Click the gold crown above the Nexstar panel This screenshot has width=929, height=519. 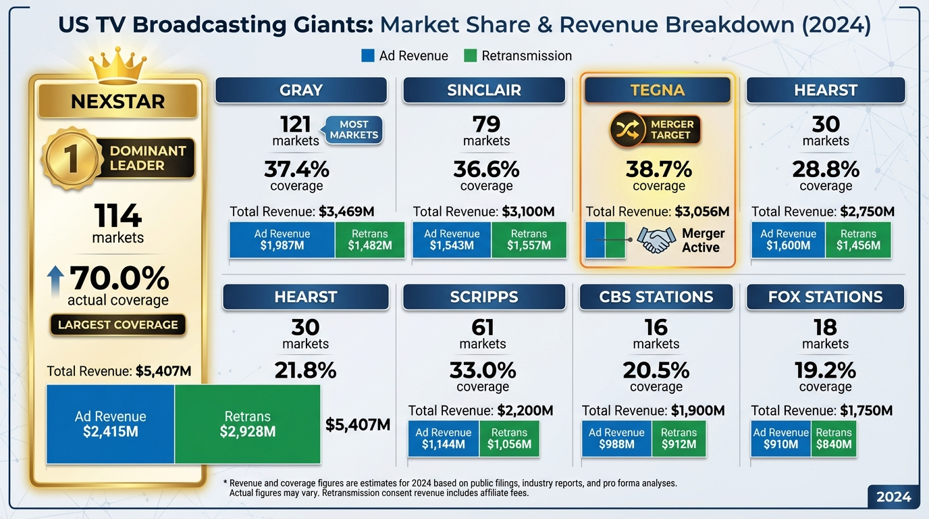(118, 64)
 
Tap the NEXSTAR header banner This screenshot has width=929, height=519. (118, 102)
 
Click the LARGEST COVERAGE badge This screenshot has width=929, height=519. (118, 325)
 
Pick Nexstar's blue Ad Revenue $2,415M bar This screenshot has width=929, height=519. (110, 424)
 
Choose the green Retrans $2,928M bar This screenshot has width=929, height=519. (247, 424)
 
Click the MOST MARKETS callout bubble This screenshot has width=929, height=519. (354, 130)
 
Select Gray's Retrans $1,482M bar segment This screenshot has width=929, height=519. (370, 240)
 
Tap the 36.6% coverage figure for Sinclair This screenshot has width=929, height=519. (486, 169)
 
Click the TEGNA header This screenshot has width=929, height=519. (657, 91)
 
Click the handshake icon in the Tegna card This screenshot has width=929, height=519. (657, 240)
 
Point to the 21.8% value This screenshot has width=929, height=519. (305, 370)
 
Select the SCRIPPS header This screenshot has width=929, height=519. (483, 297)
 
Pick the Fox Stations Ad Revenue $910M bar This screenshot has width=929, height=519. (780, 439)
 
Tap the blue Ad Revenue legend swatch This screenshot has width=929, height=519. (368, 56)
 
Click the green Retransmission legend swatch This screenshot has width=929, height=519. (471, 56)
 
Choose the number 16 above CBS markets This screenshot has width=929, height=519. (656, 328)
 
